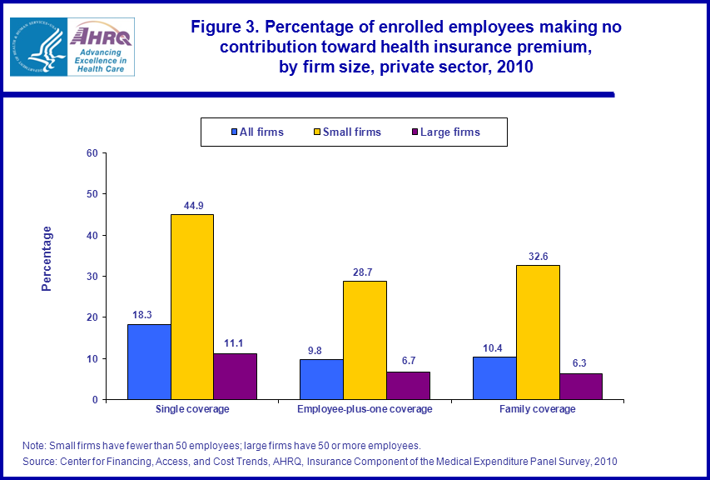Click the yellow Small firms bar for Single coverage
[x=192, y=307]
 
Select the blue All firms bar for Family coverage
[x=494, y=377]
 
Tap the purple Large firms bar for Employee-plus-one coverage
[x=408, y=385]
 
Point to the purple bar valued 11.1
[x=235, y=376]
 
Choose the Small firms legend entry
[x=348, y=132]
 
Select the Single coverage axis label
[x=192, y=409]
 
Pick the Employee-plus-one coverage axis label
[x=365, y=409]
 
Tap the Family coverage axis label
[x=537, y=409]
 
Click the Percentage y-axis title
[x=47, y=258]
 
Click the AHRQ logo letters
[x=100, y=36]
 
